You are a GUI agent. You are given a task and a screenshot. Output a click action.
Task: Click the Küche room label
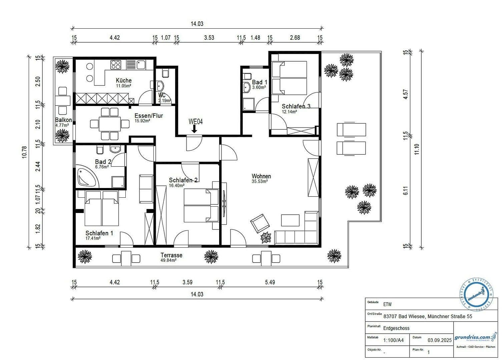[x=123, y=80]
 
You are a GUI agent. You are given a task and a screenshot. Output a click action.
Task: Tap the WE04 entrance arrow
[x=194, y=129]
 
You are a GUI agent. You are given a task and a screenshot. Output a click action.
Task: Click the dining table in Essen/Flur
[x=110, y=124]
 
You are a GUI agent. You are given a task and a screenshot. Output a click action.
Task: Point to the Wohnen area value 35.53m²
[x=261, y=182]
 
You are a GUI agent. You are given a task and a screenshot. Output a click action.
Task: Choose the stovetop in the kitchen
[x=116, y=64]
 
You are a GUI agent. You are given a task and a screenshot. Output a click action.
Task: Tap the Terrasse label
[x=171, y=255]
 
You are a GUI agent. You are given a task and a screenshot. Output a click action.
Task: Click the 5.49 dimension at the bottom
[x=270, y=282]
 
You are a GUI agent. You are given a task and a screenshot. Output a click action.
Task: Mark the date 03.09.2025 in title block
[x=439, y=340]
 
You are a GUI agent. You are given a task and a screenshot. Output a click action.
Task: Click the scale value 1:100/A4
[x=393, y=340]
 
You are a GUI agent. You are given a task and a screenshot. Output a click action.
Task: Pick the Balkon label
[x=63, y=120]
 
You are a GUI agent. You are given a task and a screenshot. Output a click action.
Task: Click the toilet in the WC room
[x=165, y=73]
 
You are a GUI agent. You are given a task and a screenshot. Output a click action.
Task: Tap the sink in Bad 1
[x=246, y=87]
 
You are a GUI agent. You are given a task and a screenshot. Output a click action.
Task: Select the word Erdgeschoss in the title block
[x=396, y=328]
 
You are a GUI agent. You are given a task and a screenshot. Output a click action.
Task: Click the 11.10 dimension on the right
[x=416, y=149]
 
